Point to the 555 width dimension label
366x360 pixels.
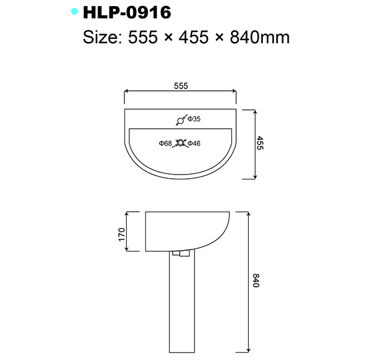pyautogui.click(x=180, y=86)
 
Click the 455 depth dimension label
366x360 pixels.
pyautogui.click(x=260, y=144)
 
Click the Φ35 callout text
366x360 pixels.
pyautogui.click(x=193, y=118)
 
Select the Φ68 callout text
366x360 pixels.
pyautogui.click(x=165, y=143)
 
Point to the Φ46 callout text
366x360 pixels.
pyautogui.click(x=195, y=143)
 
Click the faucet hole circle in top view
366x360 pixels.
pyautogui.click(x=180, y=120)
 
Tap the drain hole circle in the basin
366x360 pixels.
pyautogui.click(x=180, y=143)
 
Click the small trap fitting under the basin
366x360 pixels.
pyautogui.click(x=181, y=254)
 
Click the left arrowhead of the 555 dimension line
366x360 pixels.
pyautogui.click(x=126, y=92)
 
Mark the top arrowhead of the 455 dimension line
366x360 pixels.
pyautogui.click(x=254, y=111)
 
